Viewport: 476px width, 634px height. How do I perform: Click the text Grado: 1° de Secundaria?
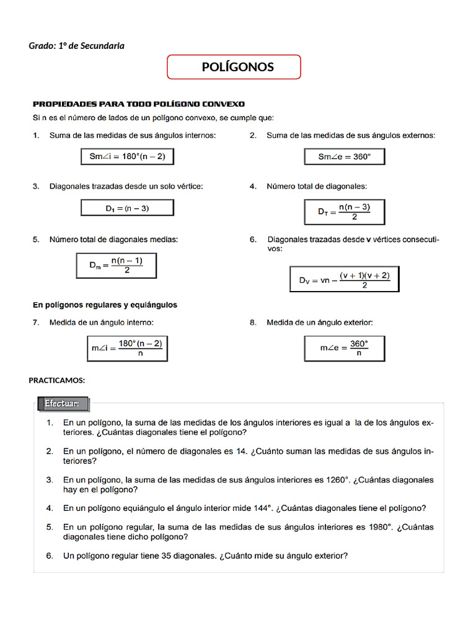[76, 46]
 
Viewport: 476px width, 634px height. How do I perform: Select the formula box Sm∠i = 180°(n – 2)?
[127, 157]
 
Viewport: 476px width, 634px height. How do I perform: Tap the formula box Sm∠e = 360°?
[345, 157]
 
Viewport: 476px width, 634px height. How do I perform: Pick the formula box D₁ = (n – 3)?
[127, 209]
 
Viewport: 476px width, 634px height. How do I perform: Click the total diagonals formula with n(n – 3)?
[345, 212]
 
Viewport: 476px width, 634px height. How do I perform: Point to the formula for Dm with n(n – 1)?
[116, 266]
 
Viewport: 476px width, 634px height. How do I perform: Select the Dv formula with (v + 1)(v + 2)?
[345, 280]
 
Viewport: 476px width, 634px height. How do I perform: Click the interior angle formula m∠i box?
[127, 349]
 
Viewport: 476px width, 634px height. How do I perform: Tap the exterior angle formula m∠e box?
[345, 348]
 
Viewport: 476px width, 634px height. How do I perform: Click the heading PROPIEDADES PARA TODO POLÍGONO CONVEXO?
[139, 104]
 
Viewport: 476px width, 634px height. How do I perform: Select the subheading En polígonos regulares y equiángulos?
[105, 305]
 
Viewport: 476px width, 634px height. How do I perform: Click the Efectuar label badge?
[61, 404]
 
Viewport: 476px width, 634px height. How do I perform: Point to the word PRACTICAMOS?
[57, 380]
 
